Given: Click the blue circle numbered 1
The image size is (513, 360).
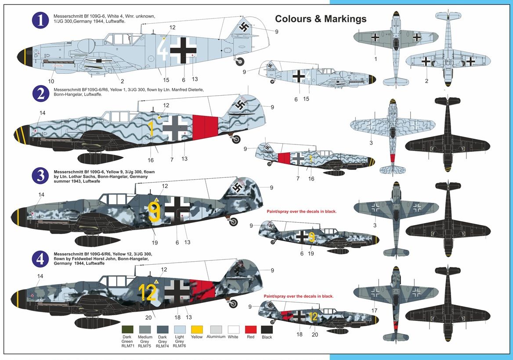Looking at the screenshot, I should pos(40,20).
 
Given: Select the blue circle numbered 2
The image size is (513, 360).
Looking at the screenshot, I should pos(40,94).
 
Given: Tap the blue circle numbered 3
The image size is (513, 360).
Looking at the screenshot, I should pos(40,176).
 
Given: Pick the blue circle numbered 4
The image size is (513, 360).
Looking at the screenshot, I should pos(40,259).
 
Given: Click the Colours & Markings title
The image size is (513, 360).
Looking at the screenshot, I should pos(321,19).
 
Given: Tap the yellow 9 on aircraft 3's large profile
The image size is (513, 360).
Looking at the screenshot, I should pos(154,209).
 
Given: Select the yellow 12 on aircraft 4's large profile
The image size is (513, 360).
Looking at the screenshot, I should pos(148,292).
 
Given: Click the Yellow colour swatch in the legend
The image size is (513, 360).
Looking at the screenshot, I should pos(197,329).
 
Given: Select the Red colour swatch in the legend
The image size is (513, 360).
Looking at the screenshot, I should pos(250,329).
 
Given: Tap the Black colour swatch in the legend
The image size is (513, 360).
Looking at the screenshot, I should pos(267,329).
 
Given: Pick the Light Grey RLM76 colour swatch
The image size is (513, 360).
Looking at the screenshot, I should pos(179,329).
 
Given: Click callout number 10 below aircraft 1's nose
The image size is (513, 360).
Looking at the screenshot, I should pos(51,81).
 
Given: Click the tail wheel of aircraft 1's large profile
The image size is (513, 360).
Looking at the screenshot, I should pos(240,61).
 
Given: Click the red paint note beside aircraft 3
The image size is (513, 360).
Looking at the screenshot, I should pos(301,211).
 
